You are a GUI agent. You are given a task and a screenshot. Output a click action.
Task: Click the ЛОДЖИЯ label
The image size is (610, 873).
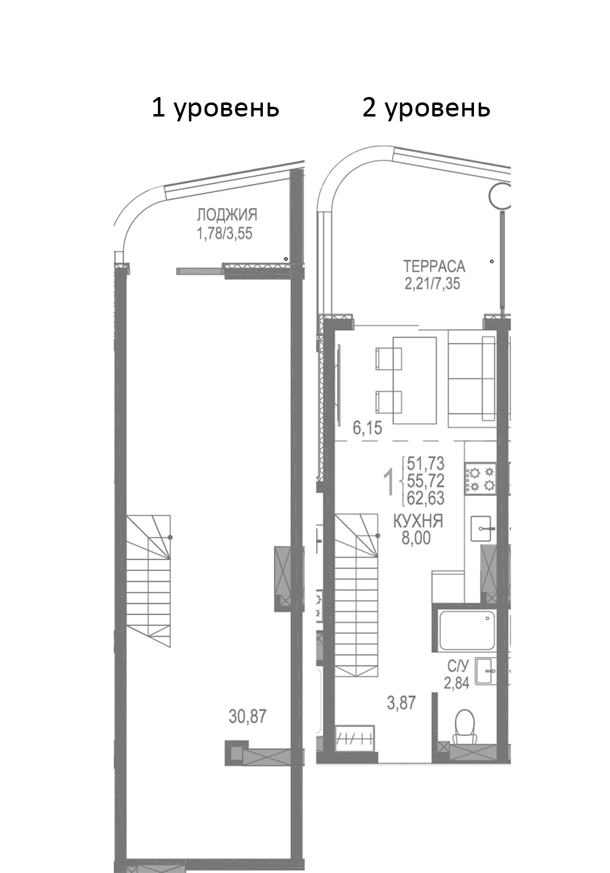click(226, 215)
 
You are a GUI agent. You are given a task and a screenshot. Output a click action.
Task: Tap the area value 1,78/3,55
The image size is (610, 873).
click(224, 232)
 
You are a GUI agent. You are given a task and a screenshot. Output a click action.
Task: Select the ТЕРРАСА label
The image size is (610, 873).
click(434, 266)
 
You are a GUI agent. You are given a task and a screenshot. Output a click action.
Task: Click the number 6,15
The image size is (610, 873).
click(367, 428)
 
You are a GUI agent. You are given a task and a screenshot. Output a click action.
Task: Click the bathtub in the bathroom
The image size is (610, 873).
click(467, 631)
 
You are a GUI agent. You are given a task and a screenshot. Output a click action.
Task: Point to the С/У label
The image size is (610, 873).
click(457, 667)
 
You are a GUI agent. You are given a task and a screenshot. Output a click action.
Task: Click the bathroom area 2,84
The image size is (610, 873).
click(457, 683)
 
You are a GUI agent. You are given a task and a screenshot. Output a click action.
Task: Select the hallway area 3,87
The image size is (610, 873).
click(401, 703)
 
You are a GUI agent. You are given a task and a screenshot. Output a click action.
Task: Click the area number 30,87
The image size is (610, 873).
click(248, 716)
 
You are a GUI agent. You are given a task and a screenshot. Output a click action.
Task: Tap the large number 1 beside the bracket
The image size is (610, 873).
click(387, 483)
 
